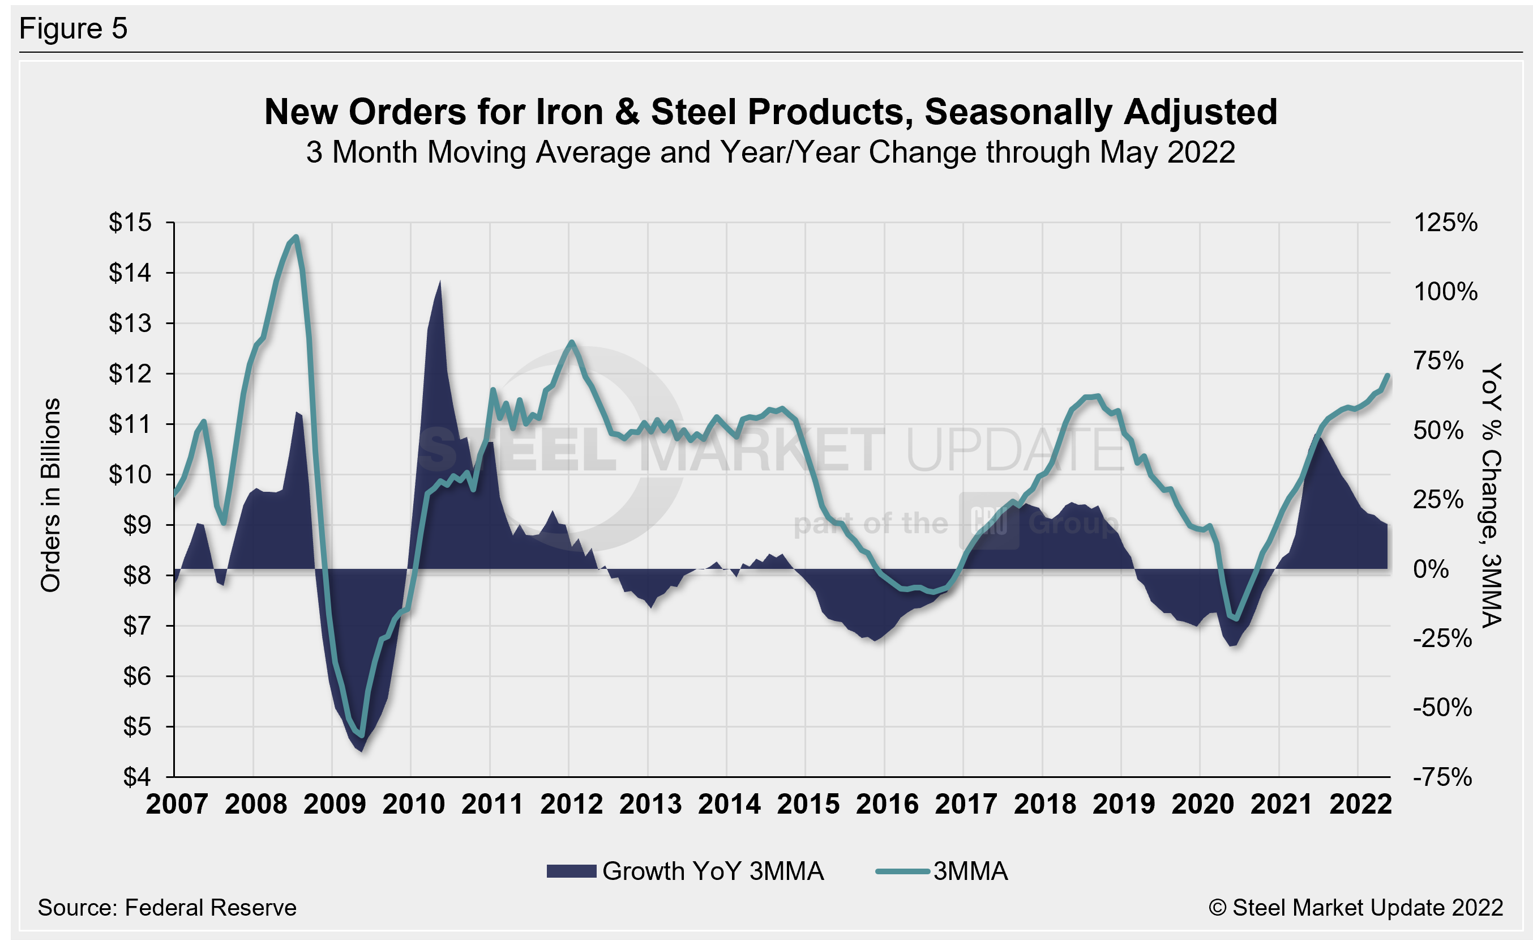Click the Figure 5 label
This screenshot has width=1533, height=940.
(73, 29)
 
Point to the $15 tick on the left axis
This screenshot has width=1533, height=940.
(130, 222)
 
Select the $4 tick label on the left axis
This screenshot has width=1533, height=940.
(137, 777)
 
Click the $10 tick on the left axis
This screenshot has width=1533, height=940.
(130, 474)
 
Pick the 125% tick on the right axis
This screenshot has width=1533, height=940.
(1445, 222)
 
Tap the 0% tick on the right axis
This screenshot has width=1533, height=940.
(1431, 569)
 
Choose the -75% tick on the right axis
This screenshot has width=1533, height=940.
(1442, 777)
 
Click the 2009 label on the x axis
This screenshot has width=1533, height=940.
(335, 804)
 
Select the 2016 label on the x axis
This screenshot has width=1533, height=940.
(887, 804)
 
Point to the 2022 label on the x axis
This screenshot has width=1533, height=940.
(1360, 804)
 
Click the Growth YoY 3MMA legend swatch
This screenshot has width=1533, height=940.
(571, 871)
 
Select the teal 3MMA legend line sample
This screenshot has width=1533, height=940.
(902, 871)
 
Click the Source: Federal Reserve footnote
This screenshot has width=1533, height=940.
(167, 908)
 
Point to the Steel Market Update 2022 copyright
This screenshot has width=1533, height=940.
(1356, 908)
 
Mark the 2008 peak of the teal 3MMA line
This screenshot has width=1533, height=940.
(296, 236)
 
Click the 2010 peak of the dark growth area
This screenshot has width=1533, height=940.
(440, 282)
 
